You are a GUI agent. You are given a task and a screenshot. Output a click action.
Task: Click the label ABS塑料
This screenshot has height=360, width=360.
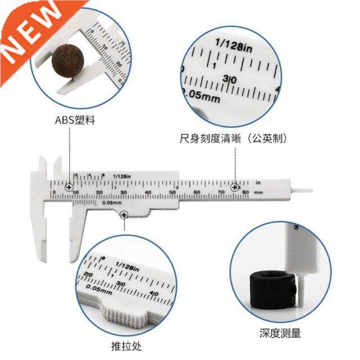(71, 119)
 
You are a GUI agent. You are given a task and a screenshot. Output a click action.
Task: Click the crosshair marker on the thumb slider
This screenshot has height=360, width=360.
(124, 214)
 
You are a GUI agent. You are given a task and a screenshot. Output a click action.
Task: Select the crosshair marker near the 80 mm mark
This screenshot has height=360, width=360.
(235, 187)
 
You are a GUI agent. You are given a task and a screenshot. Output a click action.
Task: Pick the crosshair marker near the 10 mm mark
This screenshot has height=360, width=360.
(69, 187)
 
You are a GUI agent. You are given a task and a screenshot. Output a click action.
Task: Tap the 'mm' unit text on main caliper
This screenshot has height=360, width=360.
(258, 192)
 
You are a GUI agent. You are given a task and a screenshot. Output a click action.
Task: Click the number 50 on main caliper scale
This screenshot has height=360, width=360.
(172, 193)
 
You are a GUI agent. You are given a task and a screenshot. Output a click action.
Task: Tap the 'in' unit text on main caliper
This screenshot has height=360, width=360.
(258, 183)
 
